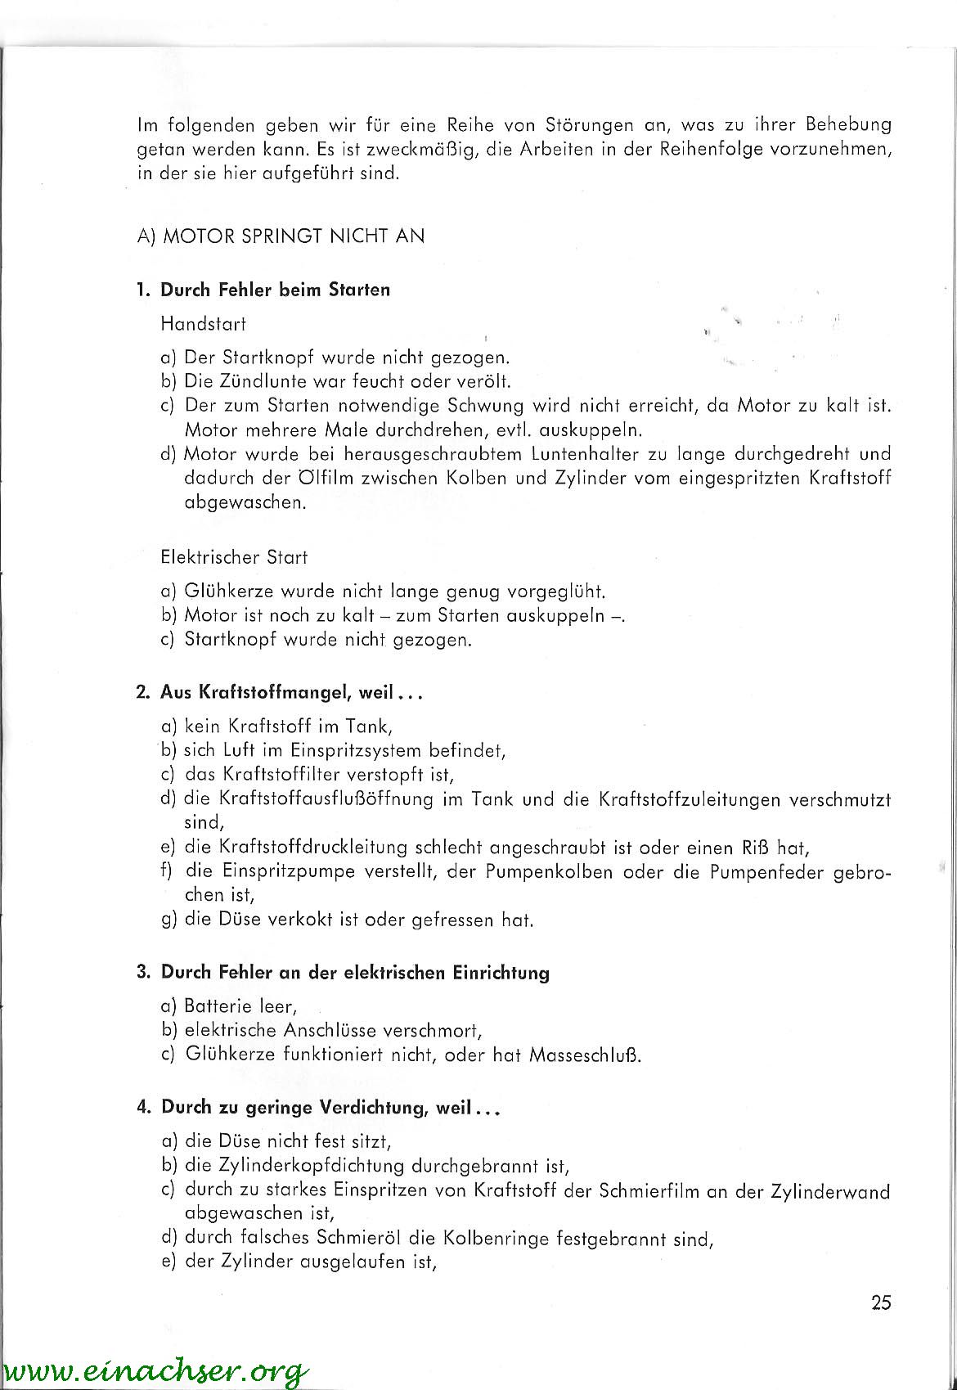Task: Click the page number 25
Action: [881, 1302]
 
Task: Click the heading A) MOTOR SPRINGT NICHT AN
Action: [281, 236]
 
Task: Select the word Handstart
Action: [204, 324]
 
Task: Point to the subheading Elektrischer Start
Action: [234, 557]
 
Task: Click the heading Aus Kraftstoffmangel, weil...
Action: [279, 692]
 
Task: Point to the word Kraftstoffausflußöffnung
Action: [326, 798]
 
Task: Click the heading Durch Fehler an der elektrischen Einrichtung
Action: [355, 973]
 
